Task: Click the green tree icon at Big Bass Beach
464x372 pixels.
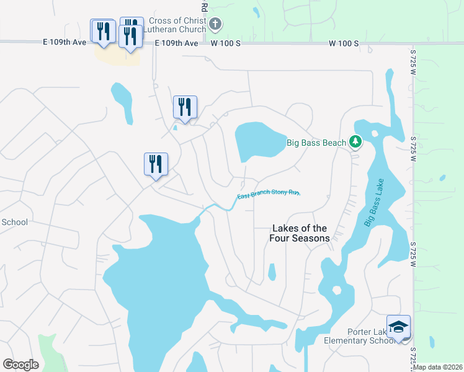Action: (355, 143)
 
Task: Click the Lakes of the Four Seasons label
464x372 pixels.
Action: (299, 233)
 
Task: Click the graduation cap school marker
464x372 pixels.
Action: (398, 327)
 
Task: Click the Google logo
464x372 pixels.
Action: (20, 365)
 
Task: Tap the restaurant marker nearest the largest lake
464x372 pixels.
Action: (156, 165)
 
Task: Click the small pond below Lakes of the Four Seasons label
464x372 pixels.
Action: (272, 272)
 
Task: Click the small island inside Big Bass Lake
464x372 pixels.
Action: (337, 290)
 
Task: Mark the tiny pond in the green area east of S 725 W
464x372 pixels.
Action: (442, 178)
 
